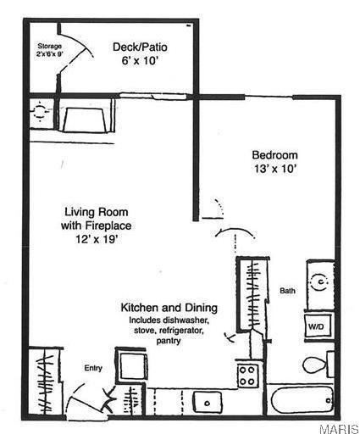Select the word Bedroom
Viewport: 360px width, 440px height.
pos(275,155)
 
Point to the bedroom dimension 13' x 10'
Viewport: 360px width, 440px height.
pos(275,169)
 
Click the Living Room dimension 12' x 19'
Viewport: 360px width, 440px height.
pos(93,240)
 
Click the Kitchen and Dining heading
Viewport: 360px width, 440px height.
pos(169,307)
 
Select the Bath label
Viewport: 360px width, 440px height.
pos(288,291)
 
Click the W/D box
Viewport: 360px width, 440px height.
pos(316,326)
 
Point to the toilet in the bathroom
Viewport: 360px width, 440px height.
pos(315,365)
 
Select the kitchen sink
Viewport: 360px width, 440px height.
pos(205,400)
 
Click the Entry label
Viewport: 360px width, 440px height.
pos(92,368)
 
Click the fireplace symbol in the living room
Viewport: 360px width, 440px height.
pos(82,116)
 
